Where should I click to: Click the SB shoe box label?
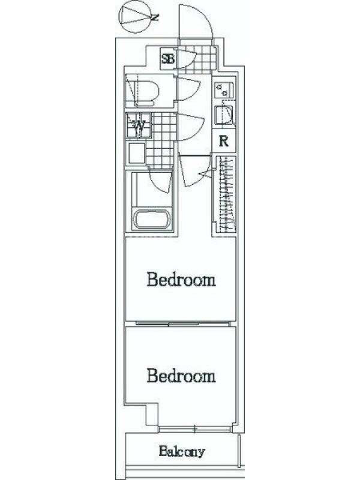click(x=168, y=59)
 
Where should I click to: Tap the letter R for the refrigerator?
click(x=224, y=141)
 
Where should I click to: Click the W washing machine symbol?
click(x=139, y=125)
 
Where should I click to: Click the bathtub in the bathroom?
click(x=152, y=218)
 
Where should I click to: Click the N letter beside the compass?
click(x=155, y=17)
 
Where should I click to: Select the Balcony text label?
click(x=182, y=451)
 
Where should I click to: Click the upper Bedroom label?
click(x=181, y=279)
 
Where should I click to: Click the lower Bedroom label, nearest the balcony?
click(x=181, y=376)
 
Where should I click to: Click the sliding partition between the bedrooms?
click(x=183, y=323)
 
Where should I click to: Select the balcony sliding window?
click(x=195, y=430)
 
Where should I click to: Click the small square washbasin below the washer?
click(x=136, y=153)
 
